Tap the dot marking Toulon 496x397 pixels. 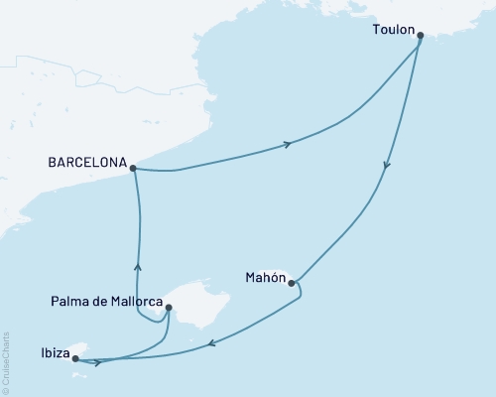tap(421, 36)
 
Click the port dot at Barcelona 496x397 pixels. tap(133, 169)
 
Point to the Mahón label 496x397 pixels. tap(264, 277)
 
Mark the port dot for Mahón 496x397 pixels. tap(292, 284)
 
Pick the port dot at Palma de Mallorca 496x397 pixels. tap(170, 308)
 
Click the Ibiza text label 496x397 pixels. tap(56, 351)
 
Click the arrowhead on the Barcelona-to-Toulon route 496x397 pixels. tap(288, 145)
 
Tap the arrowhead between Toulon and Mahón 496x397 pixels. tap(386, 169)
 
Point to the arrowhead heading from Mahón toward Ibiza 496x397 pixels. tap(210, 345)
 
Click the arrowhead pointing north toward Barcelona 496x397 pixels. tap(138, 266)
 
